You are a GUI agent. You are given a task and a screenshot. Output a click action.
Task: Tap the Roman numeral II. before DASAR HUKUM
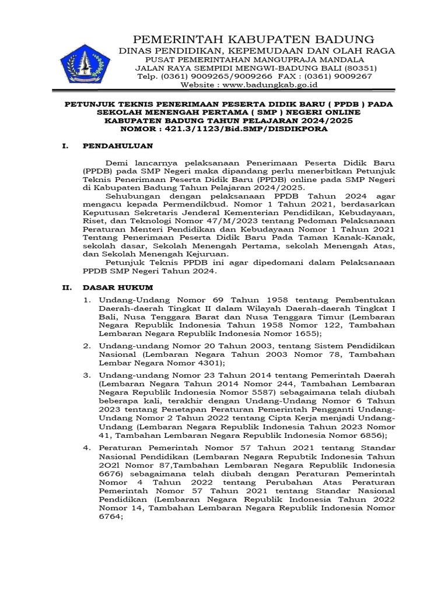pos(68,288)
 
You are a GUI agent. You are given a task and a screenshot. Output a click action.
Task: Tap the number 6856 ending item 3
pos(370,435)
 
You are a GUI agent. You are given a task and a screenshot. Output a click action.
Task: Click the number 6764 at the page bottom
pos(111,518)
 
